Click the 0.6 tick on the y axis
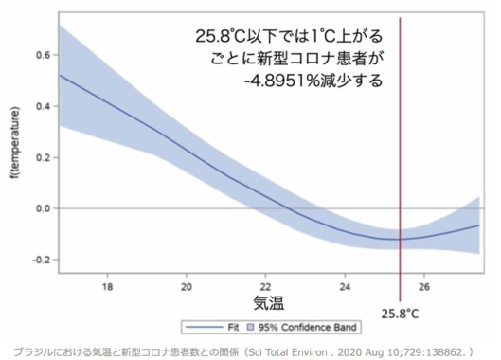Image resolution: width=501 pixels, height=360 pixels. click(x=42, y=55)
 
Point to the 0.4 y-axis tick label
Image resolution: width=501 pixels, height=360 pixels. click(x=42, y=106)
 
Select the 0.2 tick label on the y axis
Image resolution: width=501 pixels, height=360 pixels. click(x=42, y=157)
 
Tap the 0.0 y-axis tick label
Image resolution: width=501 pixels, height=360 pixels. click(x=42, y=207)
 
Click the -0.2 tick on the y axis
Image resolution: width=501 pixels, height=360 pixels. click(x=40, y=259)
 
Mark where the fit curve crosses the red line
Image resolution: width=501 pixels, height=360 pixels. click(x=400, y=239)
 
